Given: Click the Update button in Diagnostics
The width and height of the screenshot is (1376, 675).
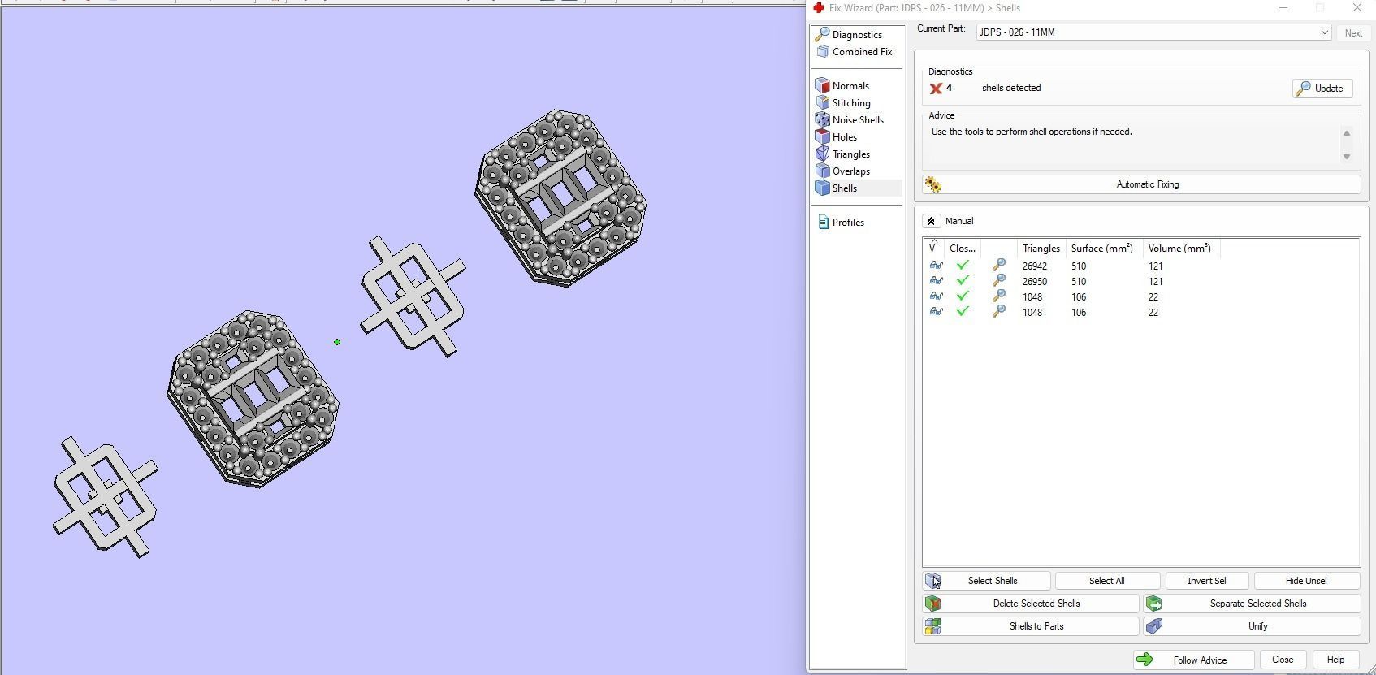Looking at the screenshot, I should click(x=1322, y=89).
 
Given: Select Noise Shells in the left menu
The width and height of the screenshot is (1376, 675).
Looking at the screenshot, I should click(x=858, y=120).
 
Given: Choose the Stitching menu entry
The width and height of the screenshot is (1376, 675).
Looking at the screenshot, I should click(x=850, y=103).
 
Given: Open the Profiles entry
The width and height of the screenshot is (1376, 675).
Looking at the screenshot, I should click(x=847, y=223).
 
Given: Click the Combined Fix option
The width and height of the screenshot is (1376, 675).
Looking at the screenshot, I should click(x=861, y=52).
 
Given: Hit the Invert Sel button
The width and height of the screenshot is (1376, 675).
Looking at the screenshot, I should click(x=1206, y=581).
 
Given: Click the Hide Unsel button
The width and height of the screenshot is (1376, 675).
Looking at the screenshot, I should click(x=1306, y=581).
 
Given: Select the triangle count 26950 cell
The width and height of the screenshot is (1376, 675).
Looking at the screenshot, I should click(x=1034, y=282).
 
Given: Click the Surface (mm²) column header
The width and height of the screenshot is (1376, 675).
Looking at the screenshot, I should click(x=1101, y=249).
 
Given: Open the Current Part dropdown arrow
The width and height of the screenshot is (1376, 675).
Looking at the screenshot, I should click(x=1324, y=32).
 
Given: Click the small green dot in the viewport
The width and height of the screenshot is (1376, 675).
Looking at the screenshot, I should click(x=337, y=342).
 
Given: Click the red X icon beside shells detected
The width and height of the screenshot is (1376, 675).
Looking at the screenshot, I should click(x=936, y=89).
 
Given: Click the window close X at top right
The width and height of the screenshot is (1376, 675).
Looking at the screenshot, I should click(x=1357, y=8).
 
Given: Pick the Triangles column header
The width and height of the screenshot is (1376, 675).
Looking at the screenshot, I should click(x=1041, y=249).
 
